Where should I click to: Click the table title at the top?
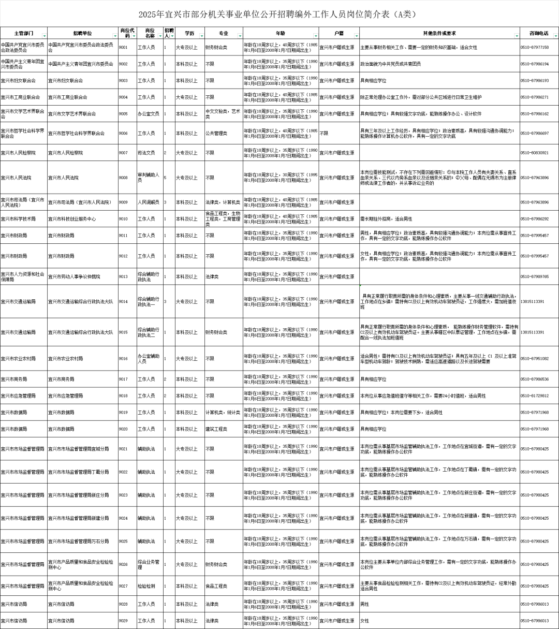coord(279,14)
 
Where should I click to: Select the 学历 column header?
coord(189,33)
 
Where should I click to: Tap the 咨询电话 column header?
coord(538,33)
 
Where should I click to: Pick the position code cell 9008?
coord(123,178)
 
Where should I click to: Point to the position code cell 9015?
coord(123,332)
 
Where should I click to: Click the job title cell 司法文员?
coord(146,153)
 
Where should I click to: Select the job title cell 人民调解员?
coord(148,202)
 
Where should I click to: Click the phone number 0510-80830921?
coord(535,153)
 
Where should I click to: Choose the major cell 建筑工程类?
coord(216,429)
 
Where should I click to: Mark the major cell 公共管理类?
coord(216,133)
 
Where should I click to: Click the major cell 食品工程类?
coord(216,586)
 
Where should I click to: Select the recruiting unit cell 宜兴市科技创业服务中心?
coord(72,219)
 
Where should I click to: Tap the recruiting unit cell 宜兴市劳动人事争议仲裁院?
coord(74,276)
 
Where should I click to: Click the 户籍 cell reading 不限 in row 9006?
coord(324,133)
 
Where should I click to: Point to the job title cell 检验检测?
coord(146,586)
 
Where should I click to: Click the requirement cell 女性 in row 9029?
coord(365,620)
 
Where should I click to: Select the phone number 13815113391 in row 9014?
coord(532,301)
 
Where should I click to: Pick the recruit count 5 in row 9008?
coord(165,178)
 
